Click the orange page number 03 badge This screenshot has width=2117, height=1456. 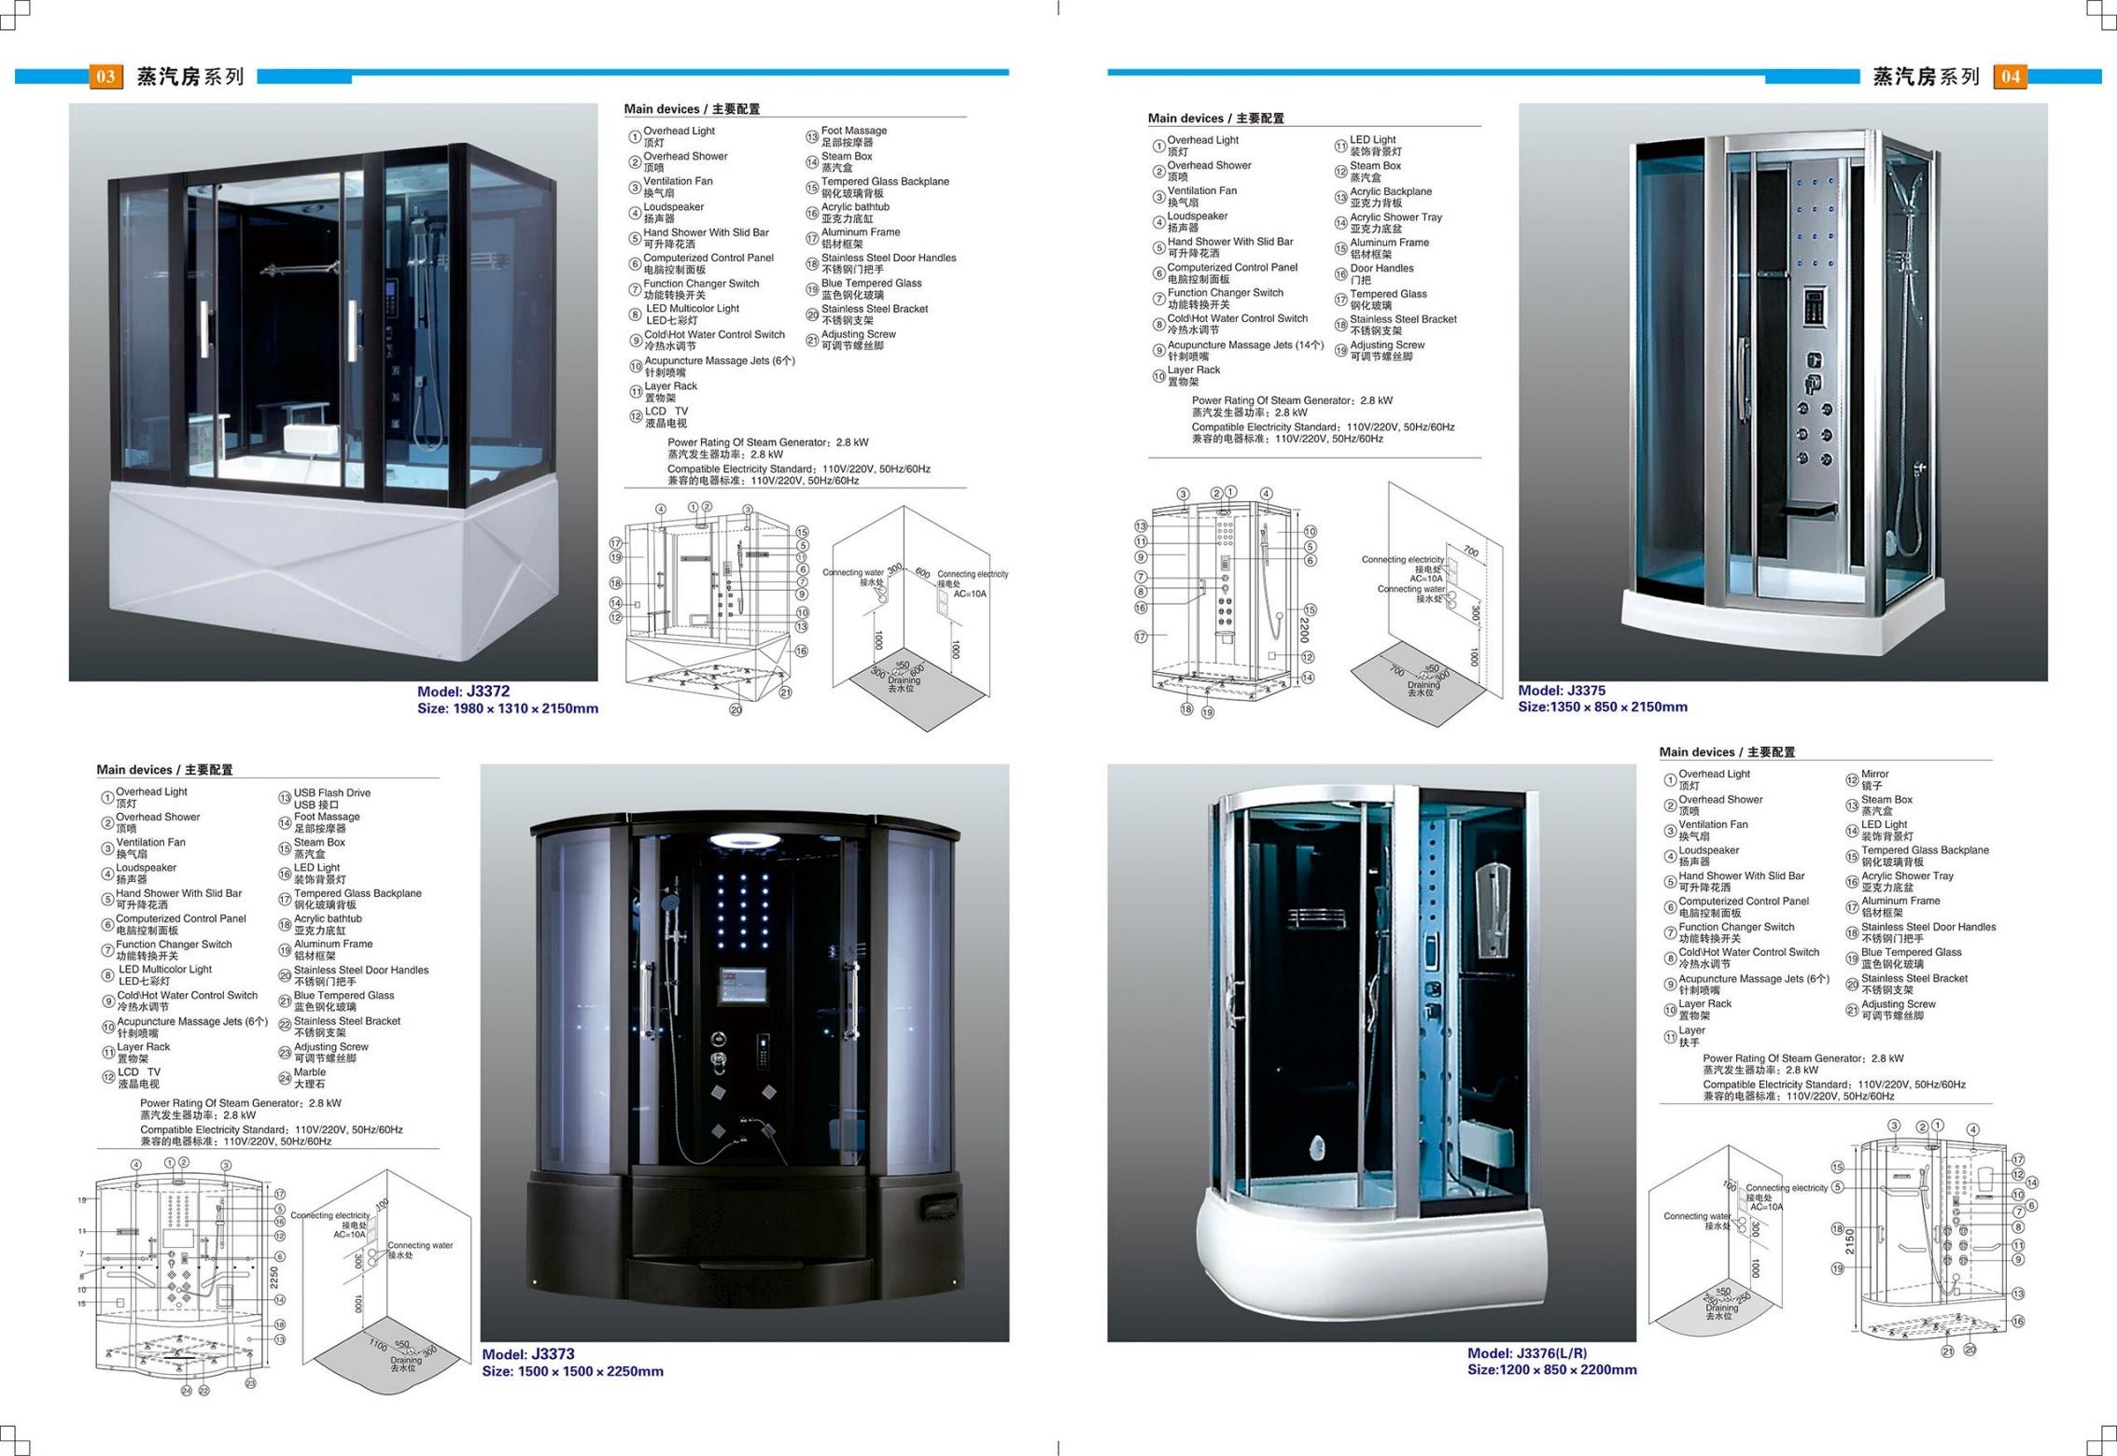click(105, 77)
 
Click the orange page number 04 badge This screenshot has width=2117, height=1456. click(2011, 77)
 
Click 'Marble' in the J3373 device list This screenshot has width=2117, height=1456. click(310, 1072)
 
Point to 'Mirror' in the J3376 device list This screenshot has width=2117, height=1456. click(1874, 774)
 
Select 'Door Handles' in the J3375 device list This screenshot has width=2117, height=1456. click(1381, 268)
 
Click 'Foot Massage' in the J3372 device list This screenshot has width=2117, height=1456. click(853, 131)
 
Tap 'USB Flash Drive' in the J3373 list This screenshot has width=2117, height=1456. click(332, 792)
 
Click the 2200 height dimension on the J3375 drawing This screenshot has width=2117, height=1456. click(1304, 629)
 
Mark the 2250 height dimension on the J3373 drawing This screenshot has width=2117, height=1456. click(273, 1277)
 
